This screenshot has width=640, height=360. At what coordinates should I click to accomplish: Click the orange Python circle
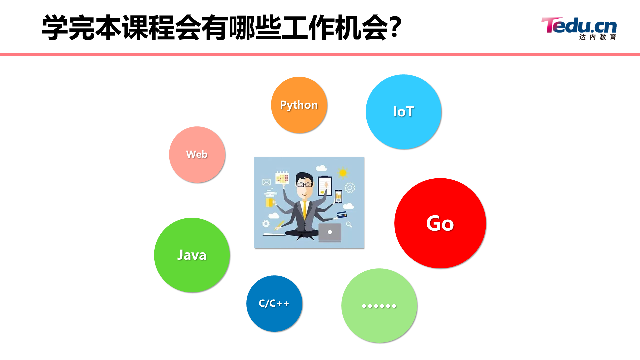click(x=299, y=105)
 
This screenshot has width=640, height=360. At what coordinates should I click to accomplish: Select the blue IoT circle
click(x=404, y=112)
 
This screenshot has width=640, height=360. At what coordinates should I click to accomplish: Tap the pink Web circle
click(x=197, y=154)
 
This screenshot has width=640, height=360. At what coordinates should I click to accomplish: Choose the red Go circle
click(x=440, y=223)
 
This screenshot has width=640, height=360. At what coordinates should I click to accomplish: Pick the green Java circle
click(x=192, y=255)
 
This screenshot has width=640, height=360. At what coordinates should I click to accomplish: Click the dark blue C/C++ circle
click(x=274, y=303)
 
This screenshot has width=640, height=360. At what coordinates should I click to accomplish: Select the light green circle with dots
click(x=379, y=305)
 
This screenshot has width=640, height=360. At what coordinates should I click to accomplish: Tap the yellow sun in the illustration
click(x=343, y=173)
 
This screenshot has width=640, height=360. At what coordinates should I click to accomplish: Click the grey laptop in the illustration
click(x=330, y=232)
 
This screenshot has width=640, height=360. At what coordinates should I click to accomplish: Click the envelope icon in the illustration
click(x=266, y=182)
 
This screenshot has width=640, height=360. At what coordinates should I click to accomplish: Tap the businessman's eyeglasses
click(x=305, y=184)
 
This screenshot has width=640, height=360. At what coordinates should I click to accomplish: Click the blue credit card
click(x=342, y=215)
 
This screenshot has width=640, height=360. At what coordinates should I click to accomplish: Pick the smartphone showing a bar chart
click(x=338, y=197)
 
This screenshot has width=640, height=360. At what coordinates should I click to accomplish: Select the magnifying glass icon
click(x=349, y=224)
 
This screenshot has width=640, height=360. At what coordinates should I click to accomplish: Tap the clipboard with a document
click(x=325, y=185)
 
